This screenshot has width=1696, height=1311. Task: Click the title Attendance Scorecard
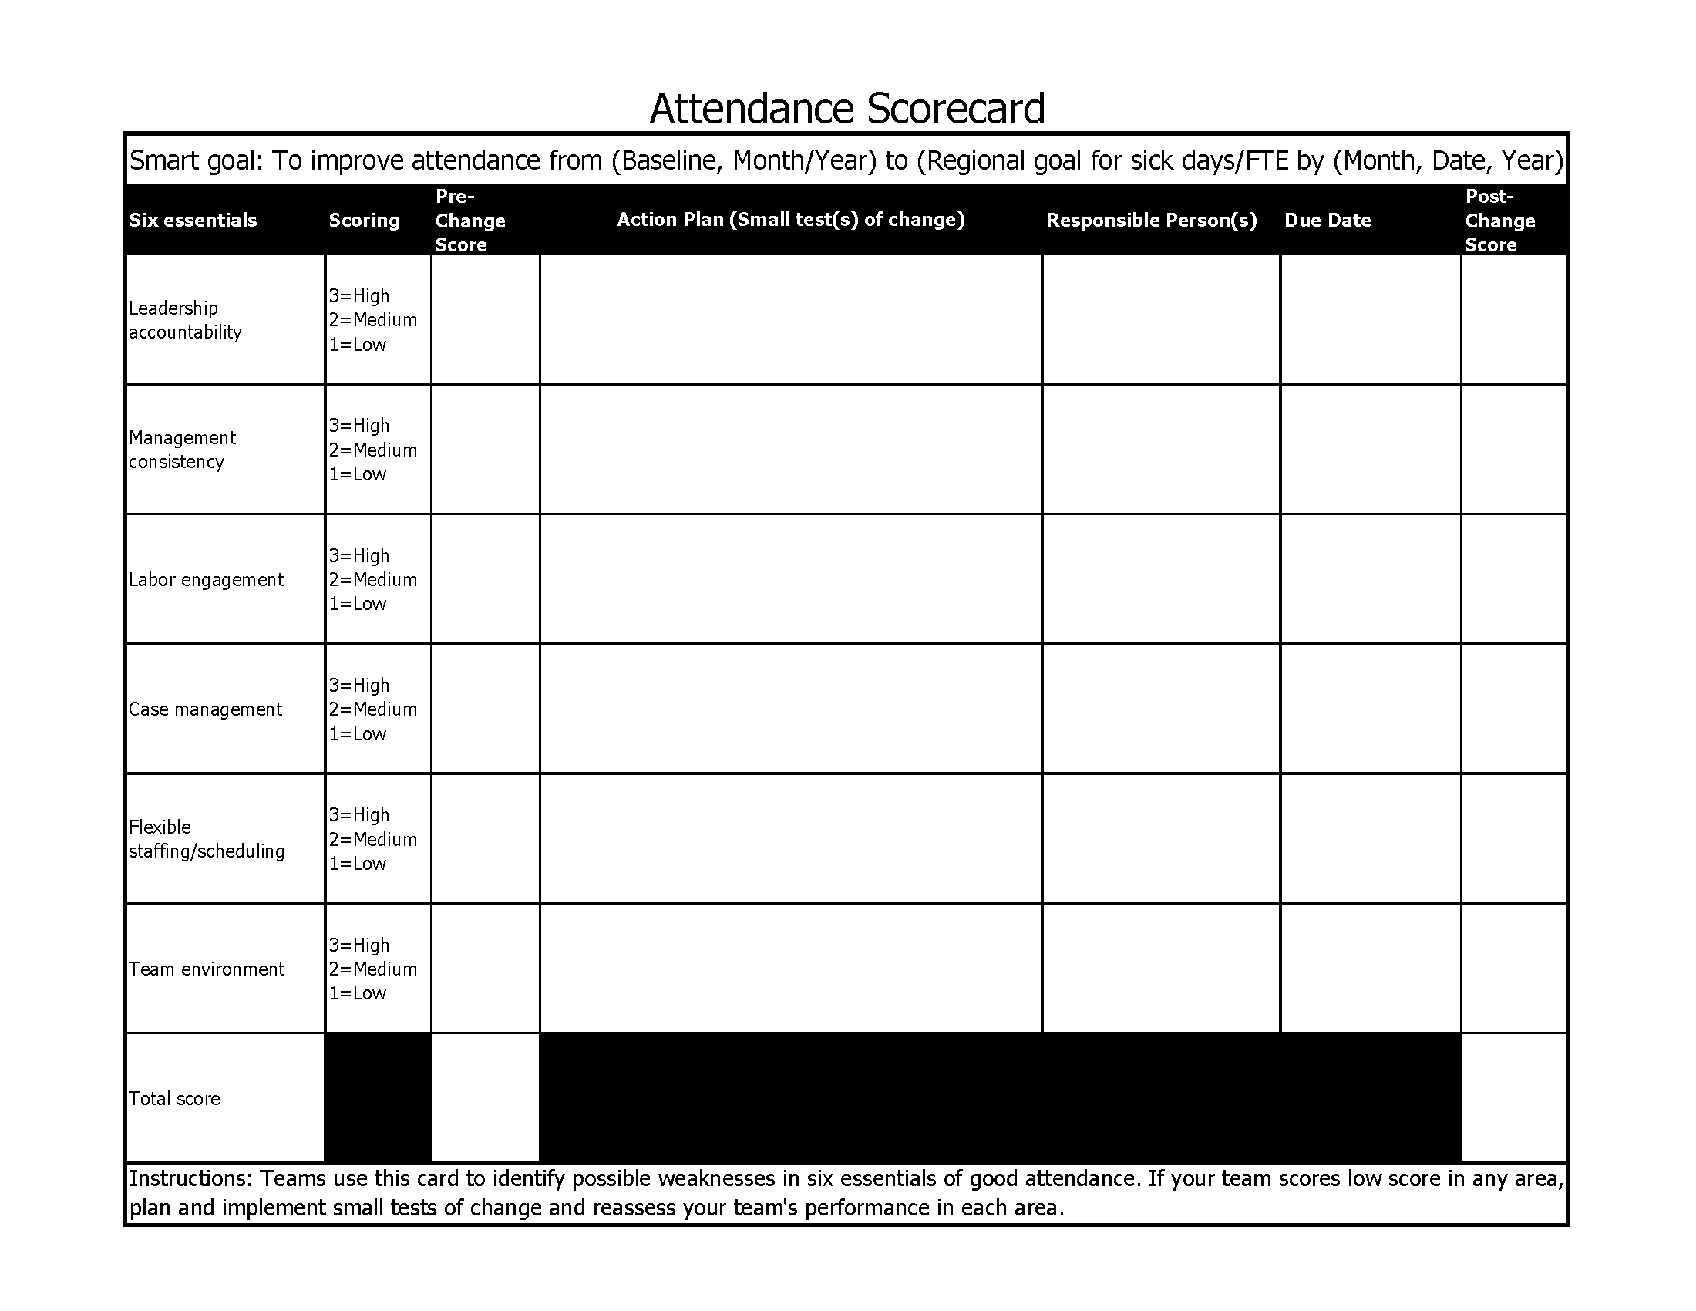(x=846, y=108)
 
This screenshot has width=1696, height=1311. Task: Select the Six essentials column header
(x=193, y=221)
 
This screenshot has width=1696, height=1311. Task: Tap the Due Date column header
(x=1328, y=221)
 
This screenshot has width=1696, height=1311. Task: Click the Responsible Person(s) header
(x=1151, y=221)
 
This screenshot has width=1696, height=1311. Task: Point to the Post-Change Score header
(x=1499, y=221)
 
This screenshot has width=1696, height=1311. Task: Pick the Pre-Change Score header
(x=469, y=221)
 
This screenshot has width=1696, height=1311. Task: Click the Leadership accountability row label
(x=185, y=320)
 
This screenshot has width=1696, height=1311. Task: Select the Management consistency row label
(x=182, y=450)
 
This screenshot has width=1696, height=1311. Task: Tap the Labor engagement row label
(x=206, y=579)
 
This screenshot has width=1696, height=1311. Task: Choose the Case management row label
(x=205, y=709)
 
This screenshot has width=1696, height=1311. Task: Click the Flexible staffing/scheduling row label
(x=206, y=839)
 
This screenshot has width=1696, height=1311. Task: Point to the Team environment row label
(x=206, y=969)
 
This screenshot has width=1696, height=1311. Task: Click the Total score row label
(x=174, y=1098)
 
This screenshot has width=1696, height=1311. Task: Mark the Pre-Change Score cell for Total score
(x=486, y=1097)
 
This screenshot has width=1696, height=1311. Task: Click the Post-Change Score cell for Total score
(x=1513, y=1097)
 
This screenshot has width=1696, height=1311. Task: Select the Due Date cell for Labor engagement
(x=1370, y=578)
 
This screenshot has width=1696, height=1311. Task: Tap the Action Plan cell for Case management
(x=790, y=708)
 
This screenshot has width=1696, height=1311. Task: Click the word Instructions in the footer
(x=190, y=1178)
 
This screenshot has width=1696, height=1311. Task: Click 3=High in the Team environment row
(x=358, y=945)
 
